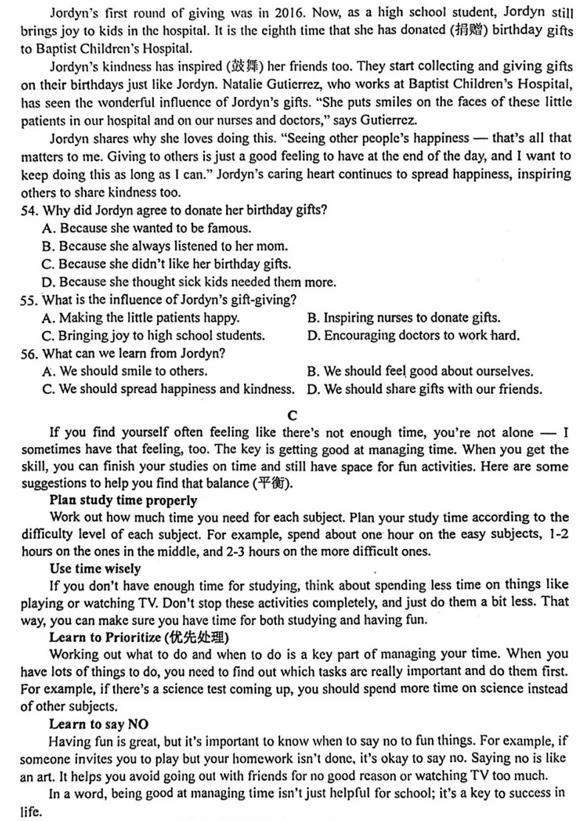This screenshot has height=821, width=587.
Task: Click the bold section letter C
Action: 292,415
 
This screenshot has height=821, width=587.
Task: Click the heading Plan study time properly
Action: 124,500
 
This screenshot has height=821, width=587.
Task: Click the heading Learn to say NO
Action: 99,723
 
